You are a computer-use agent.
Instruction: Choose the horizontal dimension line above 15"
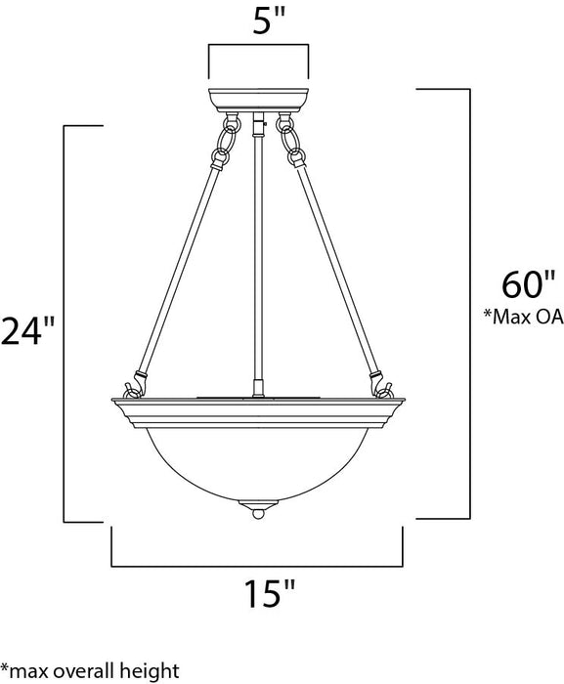(257, 565)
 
